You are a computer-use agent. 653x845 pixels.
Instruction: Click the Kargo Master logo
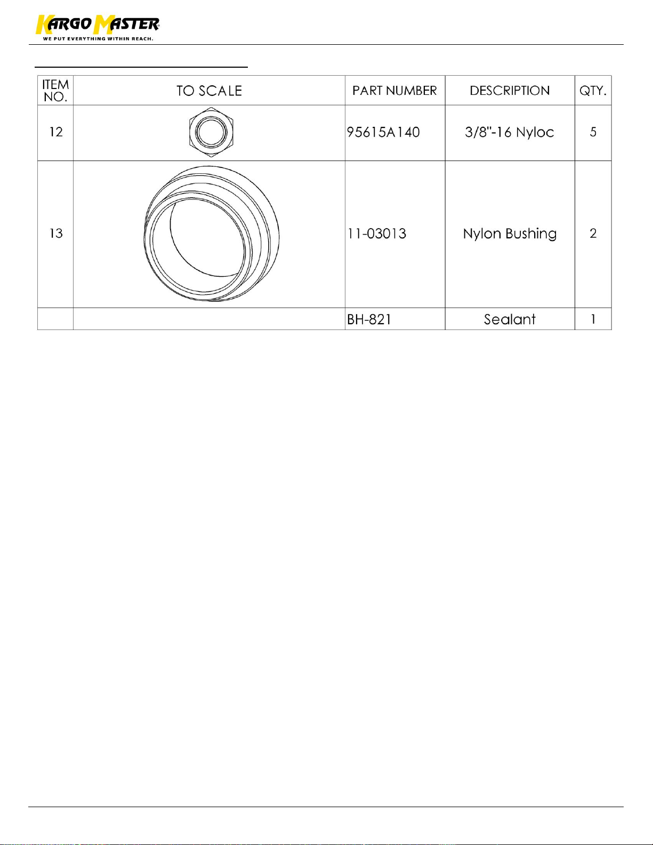pyautogui.click(x=98, y=28)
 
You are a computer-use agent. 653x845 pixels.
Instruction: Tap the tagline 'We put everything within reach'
pyautogui.click(x=98, y=39)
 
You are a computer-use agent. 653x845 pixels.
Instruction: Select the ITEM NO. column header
pyautogui.click(x=55, y=91)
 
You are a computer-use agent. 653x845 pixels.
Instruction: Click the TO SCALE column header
pyautogui.click(x=209, y=91)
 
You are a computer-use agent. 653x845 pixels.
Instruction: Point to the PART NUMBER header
pyautogui.click(x=394, y=91)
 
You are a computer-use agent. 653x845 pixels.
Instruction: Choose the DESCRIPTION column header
pyautogui.click(x=510, y=91)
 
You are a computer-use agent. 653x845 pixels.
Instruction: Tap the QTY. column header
pyautogui.click(x=593, y=91)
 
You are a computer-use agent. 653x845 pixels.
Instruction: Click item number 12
pyautogui.click(x=56, y=132)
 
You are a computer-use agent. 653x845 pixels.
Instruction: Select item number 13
pyautogui.click(x=56, y=234)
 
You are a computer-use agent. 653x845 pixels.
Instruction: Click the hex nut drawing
pyautogui.click(x=211, y=132)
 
